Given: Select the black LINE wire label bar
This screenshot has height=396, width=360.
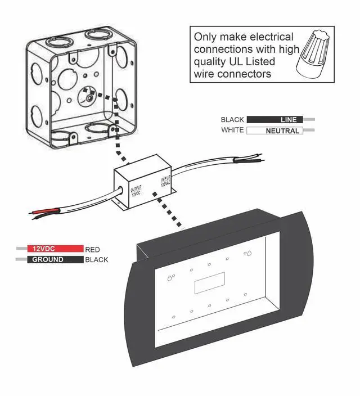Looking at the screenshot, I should point(275,119).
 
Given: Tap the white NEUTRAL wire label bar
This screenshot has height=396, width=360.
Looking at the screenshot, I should point(275,130).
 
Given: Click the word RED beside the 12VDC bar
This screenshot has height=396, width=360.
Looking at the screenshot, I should point(93,249).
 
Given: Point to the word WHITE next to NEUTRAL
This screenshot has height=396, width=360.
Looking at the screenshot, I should point(232,130).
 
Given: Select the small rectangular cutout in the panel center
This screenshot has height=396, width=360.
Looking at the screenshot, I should point(210,283).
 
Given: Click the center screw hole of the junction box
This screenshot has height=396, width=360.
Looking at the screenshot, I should point(88,96).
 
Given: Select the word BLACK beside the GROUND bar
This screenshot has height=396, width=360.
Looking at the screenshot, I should point(96,260).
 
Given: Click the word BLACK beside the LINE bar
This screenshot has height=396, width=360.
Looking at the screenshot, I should point(232,120).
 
